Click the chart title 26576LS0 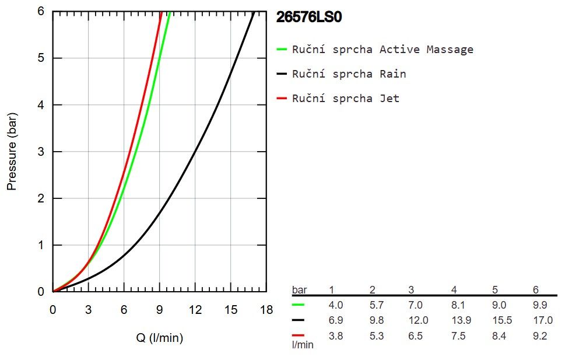coord(308,17)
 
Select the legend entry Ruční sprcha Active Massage coord(375,50)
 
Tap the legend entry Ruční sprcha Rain coord(341,74)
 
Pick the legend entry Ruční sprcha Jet coord(338,98)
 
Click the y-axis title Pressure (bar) coord(12,152)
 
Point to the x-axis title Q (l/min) coord(160,338)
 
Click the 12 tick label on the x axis coord(195,310)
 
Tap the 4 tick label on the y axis coord(41,105)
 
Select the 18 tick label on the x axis coord(266,310)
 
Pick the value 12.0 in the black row coord(418,320)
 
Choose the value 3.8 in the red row coord(335,336)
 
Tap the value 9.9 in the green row coord(540,305)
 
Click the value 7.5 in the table coord(458,336)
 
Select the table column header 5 coord(495,289)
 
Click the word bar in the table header coord(300,289)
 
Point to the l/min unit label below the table coord(303,345)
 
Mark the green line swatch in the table coord(298,305)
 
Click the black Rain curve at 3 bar coord(195,152)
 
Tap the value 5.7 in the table coord(377,305)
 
